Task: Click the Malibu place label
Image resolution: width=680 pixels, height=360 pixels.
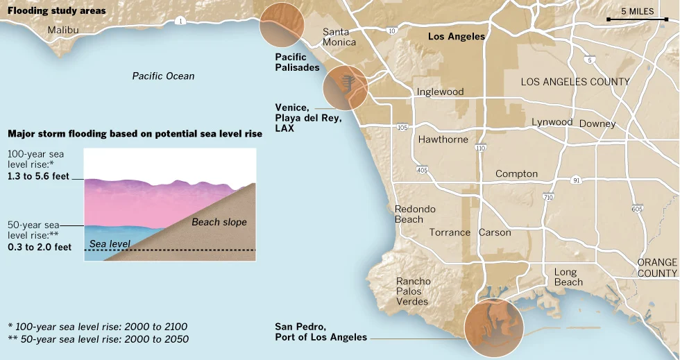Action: pos(63,30)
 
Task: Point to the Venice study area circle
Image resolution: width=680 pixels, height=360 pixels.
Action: pos(346,89)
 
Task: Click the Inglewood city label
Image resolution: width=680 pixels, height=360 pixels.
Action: pos(440,92)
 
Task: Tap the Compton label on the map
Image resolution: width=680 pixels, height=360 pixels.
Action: pos(516,173)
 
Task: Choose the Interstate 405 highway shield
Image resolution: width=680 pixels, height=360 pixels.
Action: pos(422,170)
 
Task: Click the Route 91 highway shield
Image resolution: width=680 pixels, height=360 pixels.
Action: pos(577,180)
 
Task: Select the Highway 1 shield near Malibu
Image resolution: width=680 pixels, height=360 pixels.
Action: pos(180,22)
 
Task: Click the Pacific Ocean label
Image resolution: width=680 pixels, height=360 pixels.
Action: pos(164,76)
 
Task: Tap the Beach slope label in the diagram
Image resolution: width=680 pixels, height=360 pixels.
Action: pos(219,223)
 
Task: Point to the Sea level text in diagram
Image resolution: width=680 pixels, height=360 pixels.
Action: pos(110,243)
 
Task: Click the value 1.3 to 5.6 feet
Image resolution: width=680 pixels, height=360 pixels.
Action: pos(40,177)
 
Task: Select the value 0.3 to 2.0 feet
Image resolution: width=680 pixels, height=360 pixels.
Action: pos(40,247)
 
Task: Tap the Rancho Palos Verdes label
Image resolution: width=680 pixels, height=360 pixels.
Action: pos(413,291)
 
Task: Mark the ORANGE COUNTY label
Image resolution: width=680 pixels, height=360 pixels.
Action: pos(657,268)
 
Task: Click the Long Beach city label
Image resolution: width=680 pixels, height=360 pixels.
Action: pos(568,277)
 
